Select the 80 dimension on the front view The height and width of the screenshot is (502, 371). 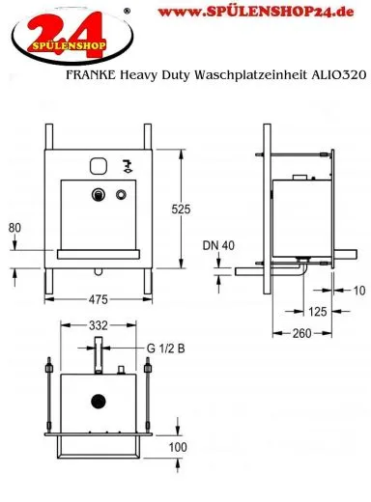click(x=14, y=228)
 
